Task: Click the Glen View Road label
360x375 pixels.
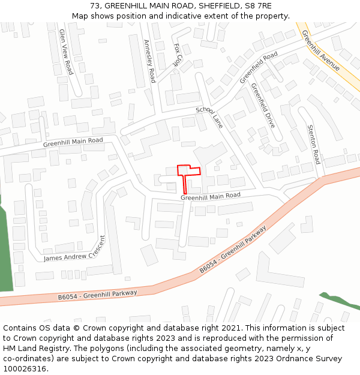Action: (x=65, y=52)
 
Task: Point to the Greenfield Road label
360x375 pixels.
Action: (x=259, y=67)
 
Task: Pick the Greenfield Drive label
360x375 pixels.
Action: (x=263, y=105)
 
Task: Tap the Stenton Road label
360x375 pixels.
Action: (x=313, y=144)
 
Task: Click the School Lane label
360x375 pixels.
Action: (x=209, y=118)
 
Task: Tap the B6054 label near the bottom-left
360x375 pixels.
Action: (x=70, y=296)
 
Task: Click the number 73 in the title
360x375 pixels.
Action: (x=95, y=6)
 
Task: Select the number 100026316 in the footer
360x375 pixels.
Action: (x=24, y=368)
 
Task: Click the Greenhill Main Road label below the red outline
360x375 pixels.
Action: (x=211, y=196)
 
